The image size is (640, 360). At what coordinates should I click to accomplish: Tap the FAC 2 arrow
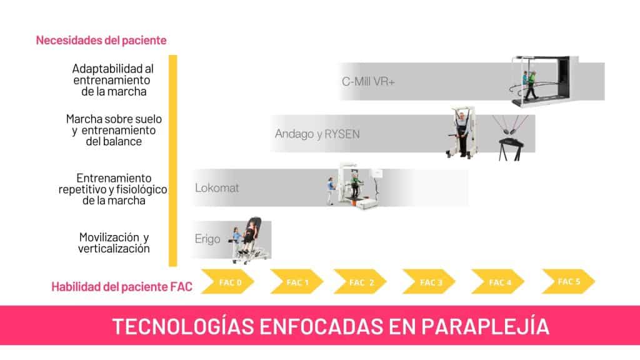[360, 282]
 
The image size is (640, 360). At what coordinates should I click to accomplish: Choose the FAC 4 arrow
[497, 282]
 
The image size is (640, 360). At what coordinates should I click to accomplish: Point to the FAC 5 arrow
[567, 281]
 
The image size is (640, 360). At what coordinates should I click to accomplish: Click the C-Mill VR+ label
[368, 82]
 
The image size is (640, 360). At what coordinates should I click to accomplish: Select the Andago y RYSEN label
[317, 134]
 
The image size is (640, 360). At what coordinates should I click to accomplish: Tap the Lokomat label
[217, 187]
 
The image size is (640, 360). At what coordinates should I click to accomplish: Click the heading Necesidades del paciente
[101, 41]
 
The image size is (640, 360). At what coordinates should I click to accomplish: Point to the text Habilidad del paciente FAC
[122, 287]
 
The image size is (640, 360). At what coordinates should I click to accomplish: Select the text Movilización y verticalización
[114, 243]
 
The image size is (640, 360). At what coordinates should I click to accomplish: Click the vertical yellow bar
[173, 160]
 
